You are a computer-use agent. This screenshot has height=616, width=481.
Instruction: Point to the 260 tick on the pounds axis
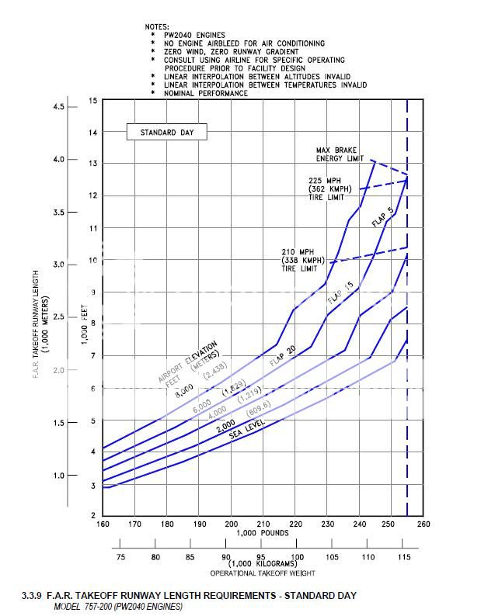coord(423,524)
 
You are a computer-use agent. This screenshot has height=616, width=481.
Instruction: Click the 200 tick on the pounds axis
coord(232,524)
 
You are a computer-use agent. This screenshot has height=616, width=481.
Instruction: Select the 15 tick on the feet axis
coord(93,101)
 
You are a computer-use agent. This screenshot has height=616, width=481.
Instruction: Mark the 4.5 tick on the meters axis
coord(58,106)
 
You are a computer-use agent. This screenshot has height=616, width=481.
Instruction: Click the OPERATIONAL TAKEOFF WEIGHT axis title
coord(263,573)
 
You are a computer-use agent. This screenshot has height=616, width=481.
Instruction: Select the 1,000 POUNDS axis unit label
coord(263,533)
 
